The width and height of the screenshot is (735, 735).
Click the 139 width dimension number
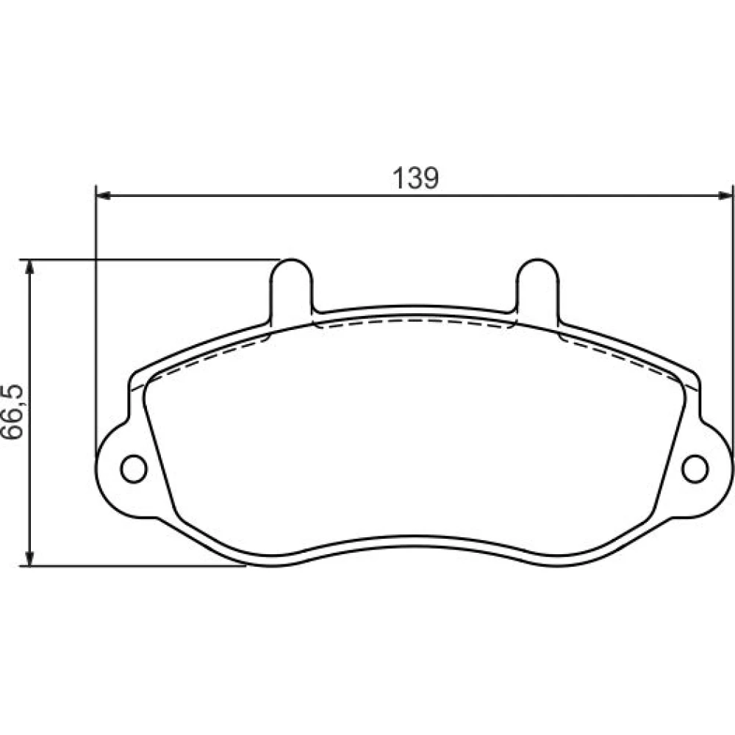click(x=415, y=178)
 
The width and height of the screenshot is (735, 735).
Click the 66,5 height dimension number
click(x=12, y=412)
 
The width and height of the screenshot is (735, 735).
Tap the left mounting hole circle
click(x=134, y=468)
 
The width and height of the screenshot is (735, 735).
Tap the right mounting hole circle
click(x=695, y=468)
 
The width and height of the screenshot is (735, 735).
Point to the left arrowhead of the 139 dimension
click(x=103, y=196)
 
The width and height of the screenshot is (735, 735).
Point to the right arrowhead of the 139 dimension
click(x=725, y=196)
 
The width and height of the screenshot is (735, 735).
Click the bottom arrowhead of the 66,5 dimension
click(x=29, y=559)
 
